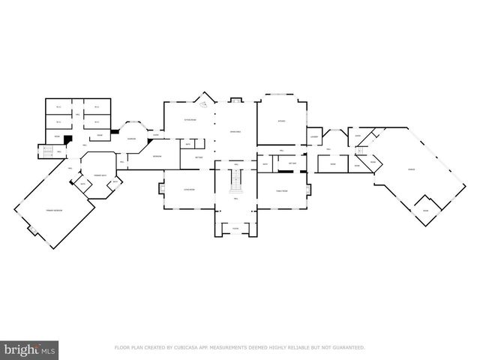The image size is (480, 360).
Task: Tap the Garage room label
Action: coord(412,170)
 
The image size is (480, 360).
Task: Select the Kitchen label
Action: coord(282,121)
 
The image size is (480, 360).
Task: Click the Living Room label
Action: coord(190,190)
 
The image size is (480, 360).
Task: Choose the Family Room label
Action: coord(282,190)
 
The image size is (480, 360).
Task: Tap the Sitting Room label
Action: coord(190,121)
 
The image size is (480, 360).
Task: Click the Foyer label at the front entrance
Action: coord(235,229)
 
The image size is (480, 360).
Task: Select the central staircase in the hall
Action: coord(235,180)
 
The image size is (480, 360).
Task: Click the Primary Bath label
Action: coord(99,175)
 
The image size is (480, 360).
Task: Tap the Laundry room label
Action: coord(313,136)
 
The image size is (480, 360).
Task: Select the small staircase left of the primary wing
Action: coord(44,152)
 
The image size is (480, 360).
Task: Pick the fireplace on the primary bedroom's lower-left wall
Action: coord(32,229)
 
